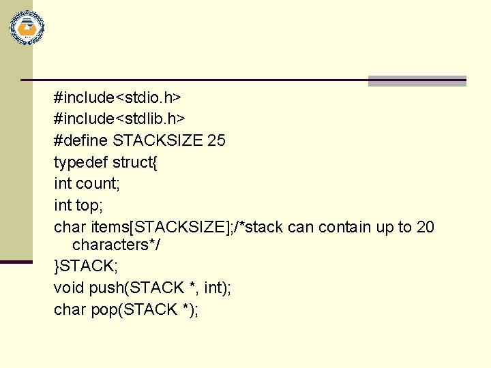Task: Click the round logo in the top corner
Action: pyautogui.click(x=27, y=28)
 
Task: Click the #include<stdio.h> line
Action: pyautogui.click(x=117, y=97)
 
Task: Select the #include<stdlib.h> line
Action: pyautogui.click(x=119, y=119)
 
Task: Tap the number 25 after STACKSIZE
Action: pyautogui.click(x=216, y=141)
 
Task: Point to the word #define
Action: pyautogui.click(x=81, y=141)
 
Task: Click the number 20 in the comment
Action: pyautogui.click(x=425, y=226)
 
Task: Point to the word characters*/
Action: pyautogui.click(x=117, y=245)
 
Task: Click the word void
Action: pyautogui.click(x=69, y=288)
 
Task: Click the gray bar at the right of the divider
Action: pyautogui.click(x=417, y=81)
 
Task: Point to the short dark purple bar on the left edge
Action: pyautogui.click(x=16, y=261)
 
